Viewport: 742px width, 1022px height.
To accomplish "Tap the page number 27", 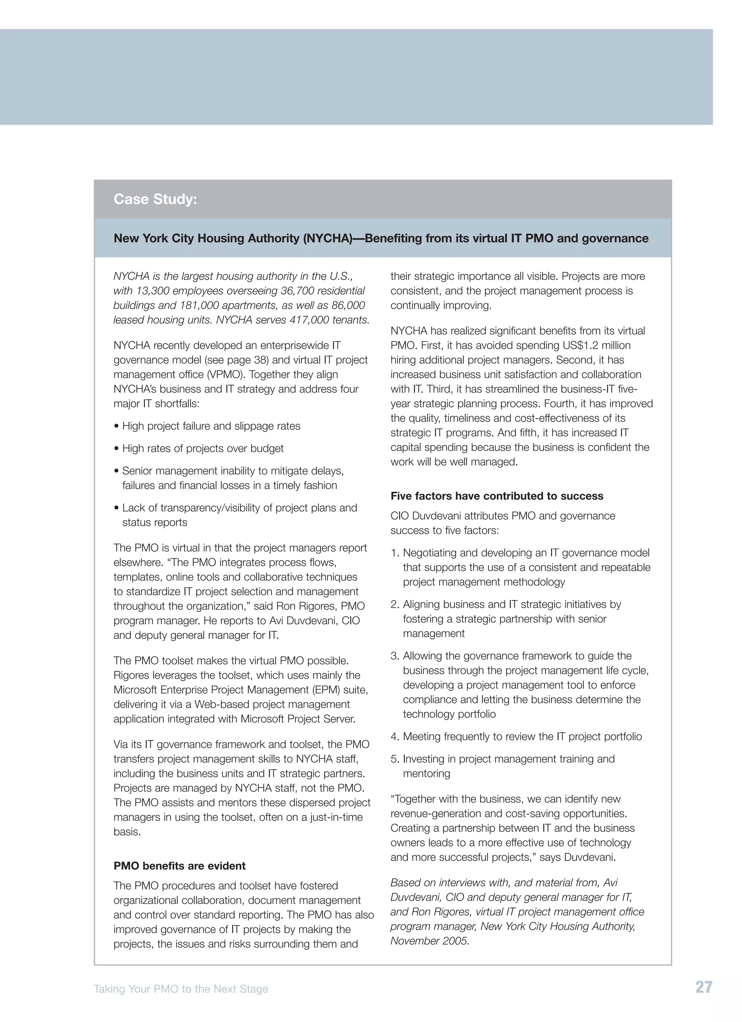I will pos(704,987).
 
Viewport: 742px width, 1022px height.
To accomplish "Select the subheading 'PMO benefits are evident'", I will pos(179,866).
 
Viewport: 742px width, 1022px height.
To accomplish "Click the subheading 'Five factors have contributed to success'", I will pos(497,496).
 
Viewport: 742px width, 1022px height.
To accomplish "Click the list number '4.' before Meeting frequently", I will pos(395,736).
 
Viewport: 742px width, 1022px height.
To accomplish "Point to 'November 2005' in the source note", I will pos(429,940).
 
